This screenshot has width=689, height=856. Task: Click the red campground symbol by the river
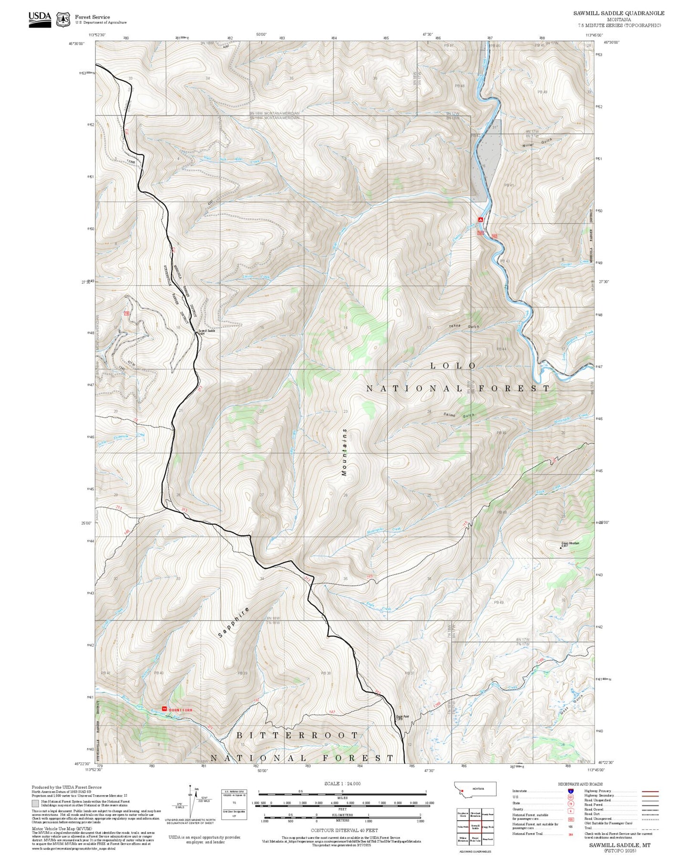(x=481, y=219)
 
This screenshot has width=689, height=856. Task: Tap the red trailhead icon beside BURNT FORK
(x=165, y=709)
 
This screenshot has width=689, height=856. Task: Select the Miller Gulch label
(x=537, y=142)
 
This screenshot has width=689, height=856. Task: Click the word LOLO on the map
(x=453, y=366)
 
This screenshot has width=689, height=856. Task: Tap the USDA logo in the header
(x=40, y=19)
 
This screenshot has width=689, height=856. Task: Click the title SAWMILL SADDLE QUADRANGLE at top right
(x=618, y=13)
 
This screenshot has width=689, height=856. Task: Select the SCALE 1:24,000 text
(x=342, y=783)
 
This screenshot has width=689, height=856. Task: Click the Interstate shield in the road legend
(x=570, y=791)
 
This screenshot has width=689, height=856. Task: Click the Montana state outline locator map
(x=475, y=789)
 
